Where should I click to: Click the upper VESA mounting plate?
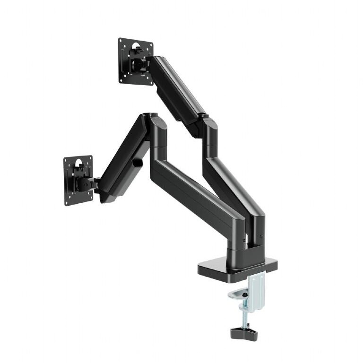pyautogui.click(x=135, y=61)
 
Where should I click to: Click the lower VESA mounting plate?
pyautogui.click(x=78, y=181)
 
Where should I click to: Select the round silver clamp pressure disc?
pyautogui.click(x=238, y=295)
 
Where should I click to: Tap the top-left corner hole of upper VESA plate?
pyautogui.click(x=121, y=42)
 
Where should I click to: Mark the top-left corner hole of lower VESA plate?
pyautogui.click(x=67, y=161)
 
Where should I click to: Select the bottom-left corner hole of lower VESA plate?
pyautogui.click(x=68, y=202)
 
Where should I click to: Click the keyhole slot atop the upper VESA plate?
pyautogui.click(x=136, y=46)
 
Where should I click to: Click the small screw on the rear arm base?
pyautogui.click(x=261, y=237)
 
